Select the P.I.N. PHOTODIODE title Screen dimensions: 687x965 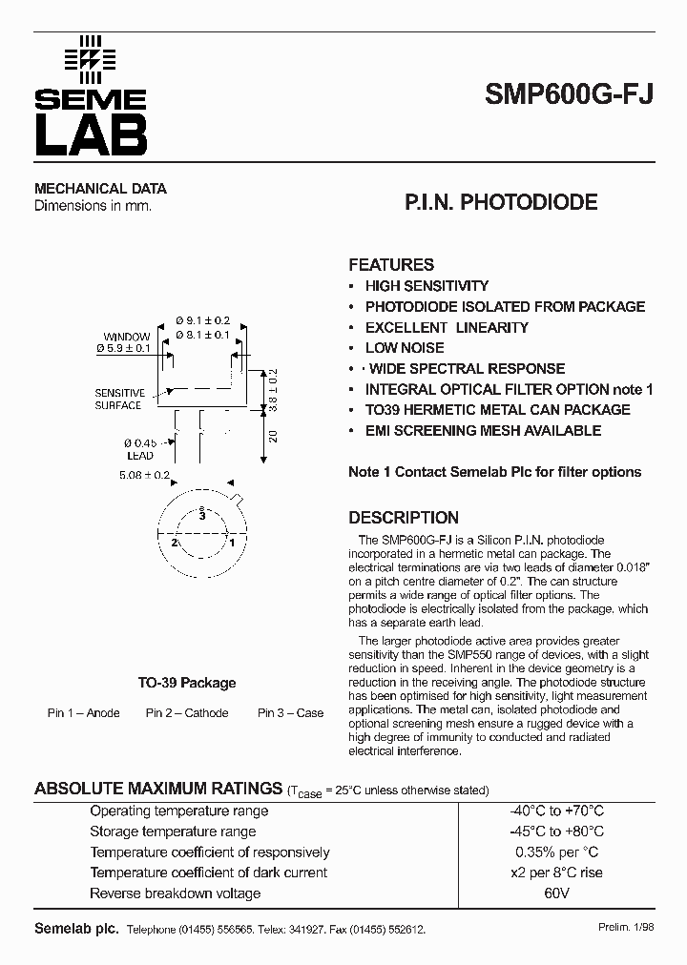(x=501, y=202)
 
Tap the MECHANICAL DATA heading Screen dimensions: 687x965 (x=100, y=189)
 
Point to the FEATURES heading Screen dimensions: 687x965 (x=391, y=265)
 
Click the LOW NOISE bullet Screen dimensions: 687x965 (x=405, y=348)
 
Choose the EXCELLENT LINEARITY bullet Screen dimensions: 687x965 (x=447, y=327)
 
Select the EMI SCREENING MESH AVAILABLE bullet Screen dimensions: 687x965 (x=483, y=431)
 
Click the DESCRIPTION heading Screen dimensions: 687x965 (x=404, y=518)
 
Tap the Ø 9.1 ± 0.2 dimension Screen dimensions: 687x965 (x=203, y=321)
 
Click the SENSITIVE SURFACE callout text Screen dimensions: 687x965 (x=119, y=399)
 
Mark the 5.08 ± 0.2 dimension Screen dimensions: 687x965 (x=144, y=475)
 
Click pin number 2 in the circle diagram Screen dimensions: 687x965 (x=175, y=542)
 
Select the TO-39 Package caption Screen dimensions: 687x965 (x=187, y=683)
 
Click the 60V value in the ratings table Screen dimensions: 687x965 (x=556, y=893)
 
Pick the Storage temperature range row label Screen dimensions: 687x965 (x=173, y=832)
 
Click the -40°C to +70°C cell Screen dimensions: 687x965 (x=556, y=811)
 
